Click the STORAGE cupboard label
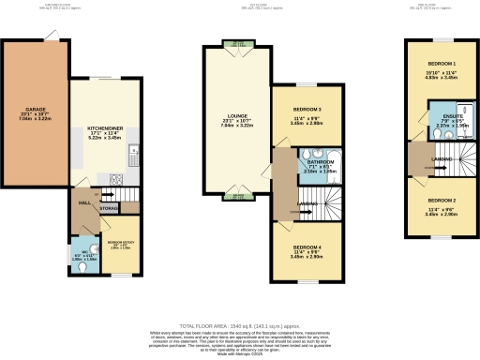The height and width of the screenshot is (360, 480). (x=110, y=208)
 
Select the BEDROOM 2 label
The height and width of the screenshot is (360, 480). (x=441, y=200)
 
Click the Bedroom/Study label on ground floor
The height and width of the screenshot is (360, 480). (x=121, y=241)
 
